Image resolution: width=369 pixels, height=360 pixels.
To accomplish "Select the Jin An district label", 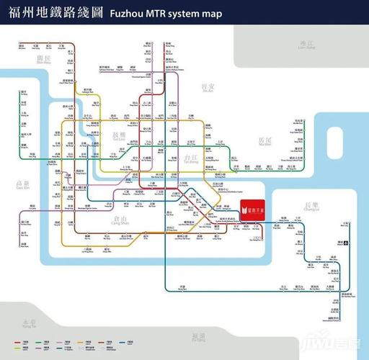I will (x=208, y=89).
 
